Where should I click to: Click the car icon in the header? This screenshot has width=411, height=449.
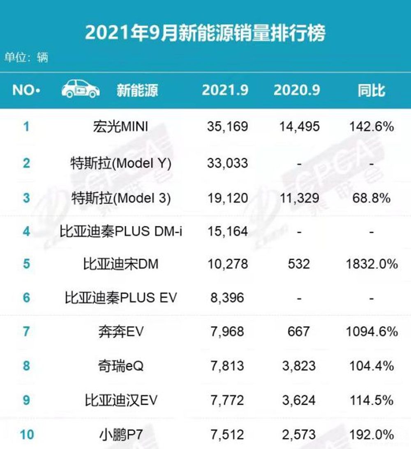tap(81, 89)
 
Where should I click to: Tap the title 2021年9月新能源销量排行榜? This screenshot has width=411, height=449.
tap(205, 33)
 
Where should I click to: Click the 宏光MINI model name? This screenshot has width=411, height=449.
tap(120, 126)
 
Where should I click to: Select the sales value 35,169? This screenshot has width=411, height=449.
tap(227, 126)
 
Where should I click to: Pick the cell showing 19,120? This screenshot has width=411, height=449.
tap(227, 198)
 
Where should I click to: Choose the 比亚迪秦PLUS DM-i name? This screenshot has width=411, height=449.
tap(120, 231)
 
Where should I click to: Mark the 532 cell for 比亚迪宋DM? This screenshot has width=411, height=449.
tap(299, 263)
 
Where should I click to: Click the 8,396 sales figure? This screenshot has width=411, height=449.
tap(227, 297)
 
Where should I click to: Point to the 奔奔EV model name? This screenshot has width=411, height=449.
tap(120, 331)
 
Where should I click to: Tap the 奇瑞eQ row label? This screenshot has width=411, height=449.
tap(120, 365)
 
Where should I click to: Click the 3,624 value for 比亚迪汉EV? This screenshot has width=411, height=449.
tap(299, 399)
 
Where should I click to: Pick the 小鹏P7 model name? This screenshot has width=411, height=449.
tap(120, 434)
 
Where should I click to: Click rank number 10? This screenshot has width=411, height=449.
tap(27, 434)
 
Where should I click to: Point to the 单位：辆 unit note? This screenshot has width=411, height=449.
tap(26, 57)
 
